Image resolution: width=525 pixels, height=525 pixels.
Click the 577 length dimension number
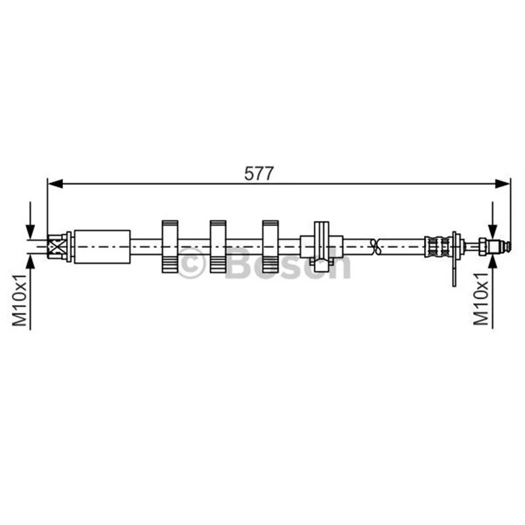[259, 173]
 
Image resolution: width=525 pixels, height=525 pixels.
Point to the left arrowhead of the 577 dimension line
[55, 184]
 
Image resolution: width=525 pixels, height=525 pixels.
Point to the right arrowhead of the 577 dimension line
[502, 184]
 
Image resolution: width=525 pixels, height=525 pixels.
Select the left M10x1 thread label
[20, 300]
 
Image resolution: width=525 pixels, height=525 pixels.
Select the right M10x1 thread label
[481, 299]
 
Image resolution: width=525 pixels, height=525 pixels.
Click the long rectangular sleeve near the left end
[102, 247]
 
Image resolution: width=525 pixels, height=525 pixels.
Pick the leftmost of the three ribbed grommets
[170, 247]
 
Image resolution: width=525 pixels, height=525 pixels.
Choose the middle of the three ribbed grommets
[218, 247]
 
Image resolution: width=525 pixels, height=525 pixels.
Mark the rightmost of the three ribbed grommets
[270, 247]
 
